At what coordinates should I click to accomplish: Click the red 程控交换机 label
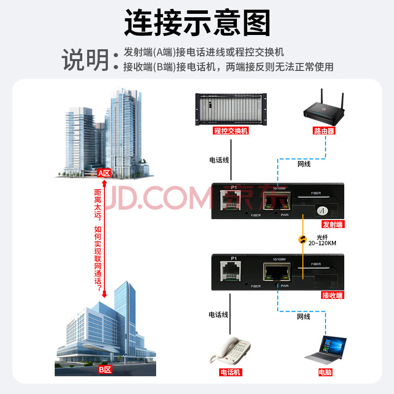pyautogui.click(x=230, y=131)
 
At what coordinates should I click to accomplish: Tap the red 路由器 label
pyautogui.click(x=324, y=131)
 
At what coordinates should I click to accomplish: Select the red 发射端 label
pyautogui.click(x=333, y=224)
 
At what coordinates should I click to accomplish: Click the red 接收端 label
pyautogui.click(x=333, y=295)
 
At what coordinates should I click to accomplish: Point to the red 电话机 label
pyautogui.click(x=230, y=372)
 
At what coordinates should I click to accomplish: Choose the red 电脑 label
pyautogui.click(x=325, y=372)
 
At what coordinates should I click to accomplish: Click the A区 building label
pyautogui.click(x=104, y=173)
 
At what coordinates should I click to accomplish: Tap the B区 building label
pyautogui.click(x=105, y=370)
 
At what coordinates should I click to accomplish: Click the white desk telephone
pyautogui.click(x=230, y=351)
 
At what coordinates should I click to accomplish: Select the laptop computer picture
pyautogui.click(x=326, y=350)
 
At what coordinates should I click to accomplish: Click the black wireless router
pyautogui.click(x=324, y=107)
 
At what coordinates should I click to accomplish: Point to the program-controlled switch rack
pyautogui.click(x=231, y=109)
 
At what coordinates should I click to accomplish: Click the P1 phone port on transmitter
pyautogui.click(x=230, y=200)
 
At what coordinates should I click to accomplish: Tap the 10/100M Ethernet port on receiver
pyautogui.click(x=277, y=272)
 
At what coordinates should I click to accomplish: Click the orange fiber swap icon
pyautogui.click(x=302, y=240)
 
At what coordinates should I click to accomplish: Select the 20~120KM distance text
pyautogui.click(x=323, y=243)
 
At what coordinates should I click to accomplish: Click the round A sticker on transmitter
pyautogui.click(x=323, y=211)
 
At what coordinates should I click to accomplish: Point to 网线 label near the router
pyautogui.click(x=304, y=164)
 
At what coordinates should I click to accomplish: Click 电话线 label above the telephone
pyautogui.click(x=219, y=315)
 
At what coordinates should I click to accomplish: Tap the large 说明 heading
pyautogui.click(x=85, y=60)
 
